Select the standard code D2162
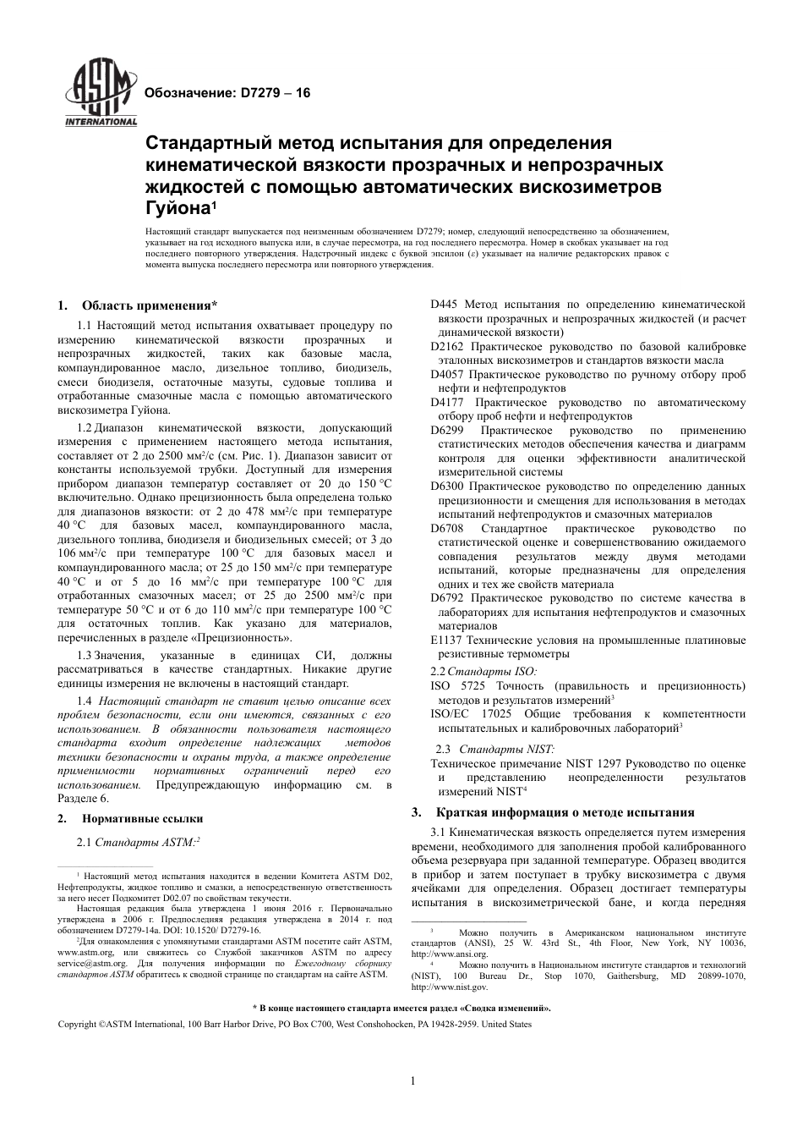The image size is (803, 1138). [x=447, y=346]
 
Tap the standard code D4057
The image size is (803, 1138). [x=447, y=374]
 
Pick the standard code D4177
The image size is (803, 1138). [x=447, y=402]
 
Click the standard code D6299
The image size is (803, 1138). [x=447, y=430]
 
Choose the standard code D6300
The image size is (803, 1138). [x=447, y=486]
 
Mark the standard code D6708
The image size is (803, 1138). [x=447, y=528]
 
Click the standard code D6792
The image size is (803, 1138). [x=447, y=597]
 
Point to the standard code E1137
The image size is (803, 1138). [x=446, y=640]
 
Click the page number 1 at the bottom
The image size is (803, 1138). [x=412, y=1080]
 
